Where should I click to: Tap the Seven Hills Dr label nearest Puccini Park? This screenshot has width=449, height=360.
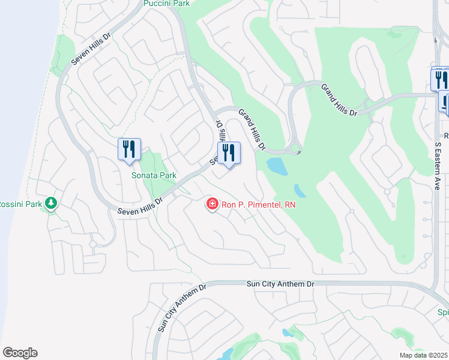click(92, 48)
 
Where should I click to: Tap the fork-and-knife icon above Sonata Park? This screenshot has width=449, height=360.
click(129, 149)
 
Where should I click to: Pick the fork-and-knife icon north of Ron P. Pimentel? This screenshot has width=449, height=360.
click(229, 153)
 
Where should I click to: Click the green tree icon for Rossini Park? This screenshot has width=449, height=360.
click(52, 203)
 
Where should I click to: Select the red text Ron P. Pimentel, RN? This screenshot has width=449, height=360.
click(259, 205)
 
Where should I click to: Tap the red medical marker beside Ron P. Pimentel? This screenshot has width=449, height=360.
click(212, 205)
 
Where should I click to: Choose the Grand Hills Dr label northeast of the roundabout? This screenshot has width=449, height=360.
click(339, 100)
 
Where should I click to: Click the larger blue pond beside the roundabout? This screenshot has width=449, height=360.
click(276, 166)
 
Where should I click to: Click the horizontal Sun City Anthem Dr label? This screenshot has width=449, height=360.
click(280, 284)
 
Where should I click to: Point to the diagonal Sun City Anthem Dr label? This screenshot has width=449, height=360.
click(181, 308)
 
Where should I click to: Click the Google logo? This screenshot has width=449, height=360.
click(20, 353)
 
